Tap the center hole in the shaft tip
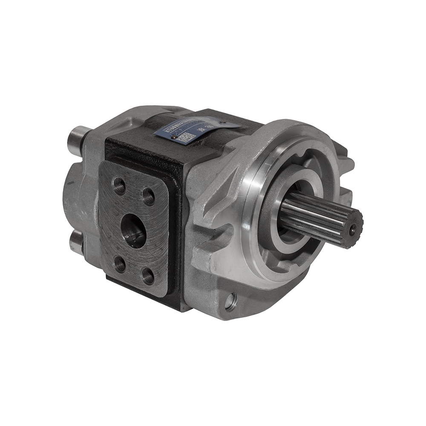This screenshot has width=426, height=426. pyautogui.click(x=352, y=229)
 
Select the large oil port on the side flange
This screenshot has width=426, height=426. pyautogui.click(x=133, y=230)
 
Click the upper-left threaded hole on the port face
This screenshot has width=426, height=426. pyautogui.click(x=119, y=186)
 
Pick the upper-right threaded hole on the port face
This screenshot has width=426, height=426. pyautogui.click(x=148, y=196)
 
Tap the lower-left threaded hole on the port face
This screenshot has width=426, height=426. pyautogui.click(x=120, y=264)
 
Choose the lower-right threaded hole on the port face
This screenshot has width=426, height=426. pyautogui.click(x=148, y=276)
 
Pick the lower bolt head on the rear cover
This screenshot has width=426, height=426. pyautogui.click(x=77, y=242)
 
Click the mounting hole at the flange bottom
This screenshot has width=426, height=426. pyautogui.click(x=230, y=302)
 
